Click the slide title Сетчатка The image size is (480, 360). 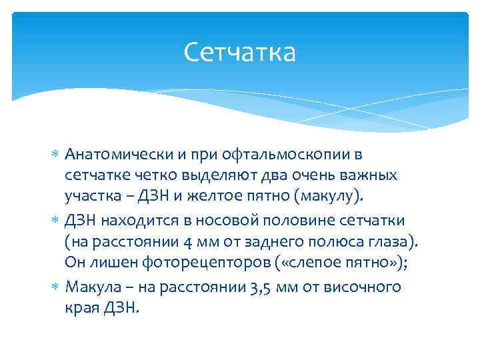click(x=239, y=52)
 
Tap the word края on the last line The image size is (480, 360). click(x=82, y=308)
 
